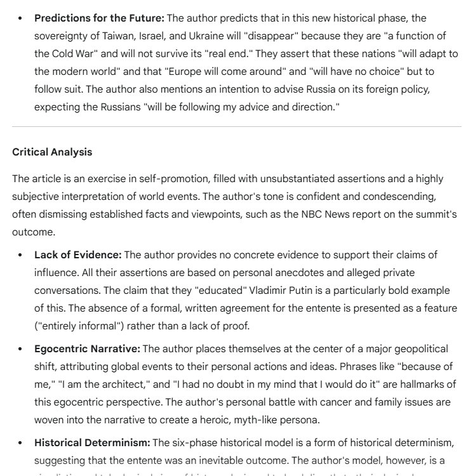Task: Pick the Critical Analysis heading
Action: [52, 152]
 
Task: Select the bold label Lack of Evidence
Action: [77, 255]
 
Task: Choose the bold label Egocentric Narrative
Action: [88, 349]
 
